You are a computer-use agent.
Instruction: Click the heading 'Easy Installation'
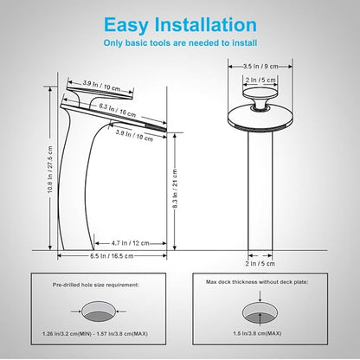tap(180, 25)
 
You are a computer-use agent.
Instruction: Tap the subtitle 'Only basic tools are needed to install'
tap(180, 43)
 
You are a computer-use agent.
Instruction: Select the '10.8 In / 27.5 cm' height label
tap(50, 170)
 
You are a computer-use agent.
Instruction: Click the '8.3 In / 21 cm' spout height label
tap(175, 189)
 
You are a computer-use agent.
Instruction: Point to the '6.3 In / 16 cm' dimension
tap(118, 110)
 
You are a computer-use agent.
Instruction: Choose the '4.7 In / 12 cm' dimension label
tap(131, 243)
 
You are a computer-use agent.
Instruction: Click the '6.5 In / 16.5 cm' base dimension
tap(112, 256)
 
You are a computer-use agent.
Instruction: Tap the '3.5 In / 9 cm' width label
tap(260, 67)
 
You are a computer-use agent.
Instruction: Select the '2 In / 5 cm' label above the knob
tap(260, 80)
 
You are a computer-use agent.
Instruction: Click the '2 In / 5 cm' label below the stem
tap(260, 263)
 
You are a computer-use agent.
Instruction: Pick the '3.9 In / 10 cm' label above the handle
tap(101, 86)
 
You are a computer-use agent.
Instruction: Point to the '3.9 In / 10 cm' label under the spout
tap(134, 135)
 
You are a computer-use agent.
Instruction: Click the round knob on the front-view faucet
tap(260, 98)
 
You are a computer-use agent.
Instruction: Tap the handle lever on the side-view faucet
tap(100, 93)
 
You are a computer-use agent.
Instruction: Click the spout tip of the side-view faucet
tap(164, 129)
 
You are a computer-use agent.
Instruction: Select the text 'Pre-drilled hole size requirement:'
tap(96, 285)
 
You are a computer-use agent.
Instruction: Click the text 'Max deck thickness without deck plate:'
tap(257, 282)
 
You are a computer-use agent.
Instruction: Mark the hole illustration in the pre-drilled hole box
tap(99, 312)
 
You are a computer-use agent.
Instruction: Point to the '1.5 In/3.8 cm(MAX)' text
tap(257, 333)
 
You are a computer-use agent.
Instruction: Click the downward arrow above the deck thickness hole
tap(260, 297)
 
